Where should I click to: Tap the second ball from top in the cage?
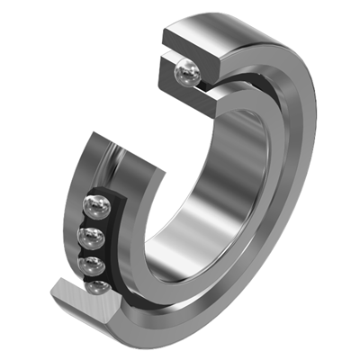pyautogui.click(x=90, y=238)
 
